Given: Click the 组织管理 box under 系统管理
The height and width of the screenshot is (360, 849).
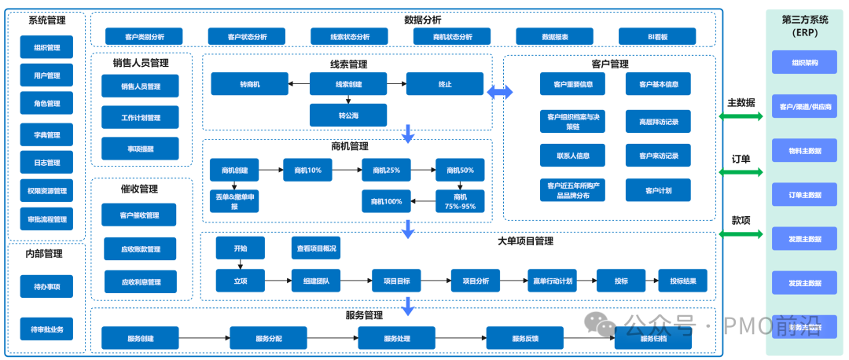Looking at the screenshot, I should pyautogui.click(x=47, y=47).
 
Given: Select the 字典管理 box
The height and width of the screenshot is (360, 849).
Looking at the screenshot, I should pyautogui.click(x=47, y=134).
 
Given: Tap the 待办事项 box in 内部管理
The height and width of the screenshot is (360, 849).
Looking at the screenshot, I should pyautogui.click(x=47, y=286).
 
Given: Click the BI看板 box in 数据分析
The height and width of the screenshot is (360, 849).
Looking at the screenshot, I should pyautogui.click(x=656, y=36).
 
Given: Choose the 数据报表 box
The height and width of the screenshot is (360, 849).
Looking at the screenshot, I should pyautogui.click(x=554, y=36).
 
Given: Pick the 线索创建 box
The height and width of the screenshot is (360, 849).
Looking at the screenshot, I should pyautogui.click(x=348, y=83).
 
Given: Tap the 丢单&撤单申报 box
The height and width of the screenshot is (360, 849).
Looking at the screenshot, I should pyautogui.click(x=234, y=201).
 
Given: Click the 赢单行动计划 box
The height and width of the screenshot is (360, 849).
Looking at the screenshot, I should pyautogui.click(x=551, y=280).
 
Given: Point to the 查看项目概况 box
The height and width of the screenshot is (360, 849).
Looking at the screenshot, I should pyautogui.click(x=316, y=248).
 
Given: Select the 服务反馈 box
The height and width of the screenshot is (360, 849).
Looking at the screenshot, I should pyautogui.click(x=524, y=338).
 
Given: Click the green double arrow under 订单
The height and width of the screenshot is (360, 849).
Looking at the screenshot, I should pyautogui.click(x=741, y=173).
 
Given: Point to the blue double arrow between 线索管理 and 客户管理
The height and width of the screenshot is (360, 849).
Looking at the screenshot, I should pyautogui.click(x=499, y=92).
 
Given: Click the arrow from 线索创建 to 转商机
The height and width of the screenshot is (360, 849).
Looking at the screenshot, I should pyautogui.click(x=299, y=83).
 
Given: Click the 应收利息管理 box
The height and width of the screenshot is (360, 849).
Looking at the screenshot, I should pyautogui.click(x=140, y=281).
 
